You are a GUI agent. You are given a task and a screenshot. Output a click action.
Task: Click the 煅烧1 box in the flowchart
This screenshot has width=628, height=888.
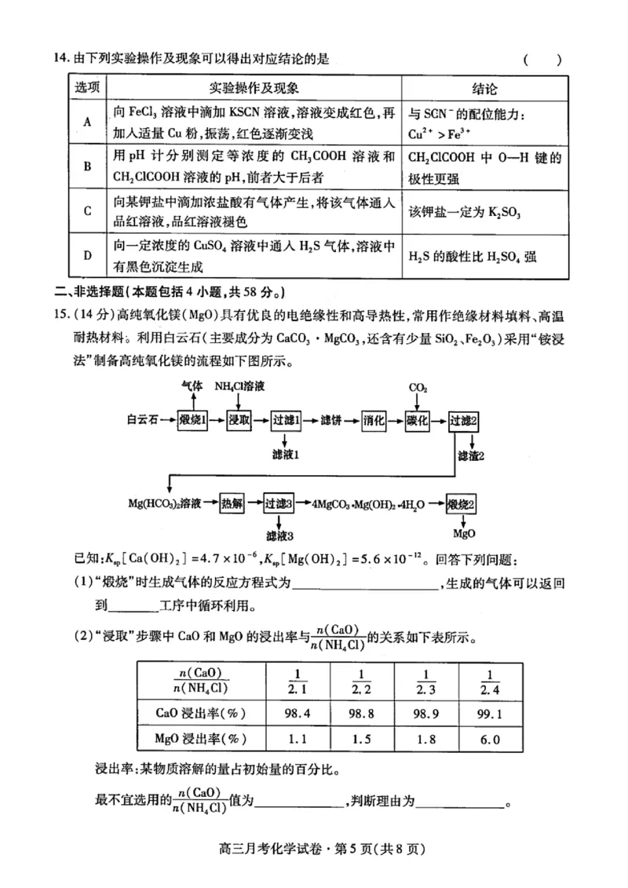tap(193, 420)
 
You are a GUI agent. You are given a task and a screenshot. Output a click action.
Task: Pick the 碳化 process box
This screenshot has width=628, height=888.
tap(418, 420)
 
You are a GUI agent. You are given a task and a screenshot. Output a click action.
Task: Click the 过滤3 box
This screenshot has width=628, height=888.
tap(279, 502)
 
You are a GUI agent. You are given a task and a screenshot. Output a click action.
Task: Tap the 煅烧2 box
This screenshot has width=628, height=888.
tap(464, 502)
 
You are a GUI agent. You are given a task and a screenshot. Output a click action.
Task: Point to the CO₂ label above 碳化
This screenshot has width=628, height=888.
tap(418, 388)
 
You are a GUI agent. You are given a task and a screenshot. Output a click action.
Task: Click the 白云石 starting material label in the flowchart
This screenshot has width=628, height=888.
tap(143, 420)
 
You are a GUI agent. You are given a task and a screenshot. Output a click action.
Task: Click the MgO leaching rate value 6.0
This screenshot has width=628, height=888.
tap(489, 739)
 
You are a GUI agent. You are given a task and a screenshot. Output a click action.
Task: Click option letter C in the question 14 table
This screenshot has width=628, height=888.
tap(87, 211)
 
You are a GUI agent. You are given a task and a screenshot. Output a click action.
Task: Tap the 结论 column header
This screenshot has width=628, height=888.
tap(484, 89)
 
